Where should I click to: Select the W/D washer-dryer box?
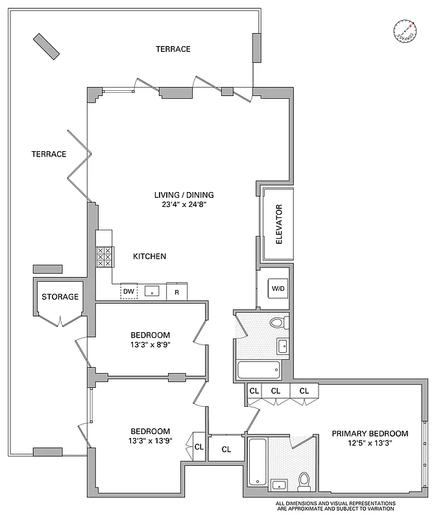tap(278, 288)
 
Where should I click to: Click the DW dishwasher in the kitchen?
tap(129, 292)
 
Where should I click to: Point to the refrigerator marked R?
tap(176, 293)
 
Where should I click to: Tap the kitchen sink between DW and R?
tap(152, 292)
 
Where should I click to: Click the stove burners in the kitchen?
tap(104, 258)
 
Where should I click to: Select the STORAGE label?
tap(60, 297)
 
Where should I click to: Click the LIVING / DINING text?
tap(184, 195)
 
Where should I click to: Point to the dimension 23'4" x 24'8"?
tap(184, 204)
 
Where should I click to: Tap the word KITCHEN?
tap(149, 256)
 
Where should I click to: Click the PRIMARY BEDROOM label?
tap(370, 433)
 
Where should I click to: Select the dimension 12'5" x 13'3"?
tap(370, 444)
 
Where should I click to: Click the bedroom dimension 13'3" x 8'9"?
tap(151, 346)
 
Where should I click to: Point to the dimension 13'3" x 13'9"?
tap(151, 442)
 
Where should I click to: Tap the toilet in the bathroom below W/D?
tap(278, 322)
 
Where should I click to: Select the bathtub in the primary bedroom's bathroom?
tap(257, 461)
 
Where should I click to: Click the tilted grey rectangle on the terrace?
tap(47, 46)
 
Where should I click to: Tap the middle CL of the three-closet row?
tap(275, 391)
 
